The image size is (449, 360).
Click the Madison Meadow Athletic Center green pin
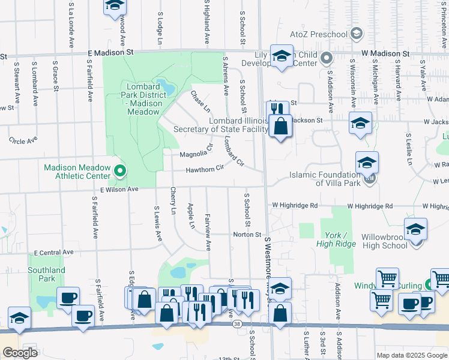pos(120,172)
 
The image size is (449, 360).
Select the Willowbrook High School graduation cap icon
pos(415,230)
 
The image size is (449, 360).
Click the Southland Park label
pos(46,274)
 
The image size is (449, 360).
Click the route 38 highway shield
pos(237,324)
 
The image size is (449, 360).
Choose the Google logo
pos(20,353)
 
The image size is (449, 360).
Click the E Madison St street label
pos(110,53)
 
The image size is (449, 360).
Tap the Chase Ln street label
pos(200,102)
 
